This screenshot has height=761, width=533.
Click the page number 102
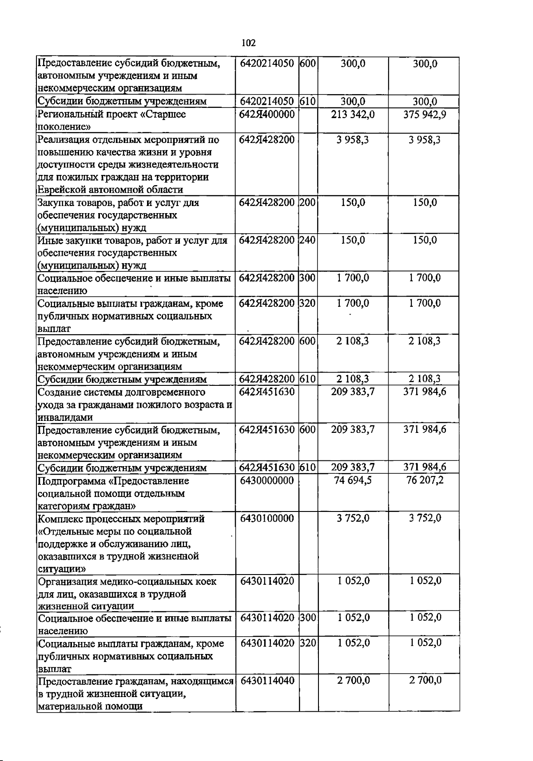click(248, 43)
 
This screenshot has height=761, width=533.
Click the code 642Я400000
click(266, 115)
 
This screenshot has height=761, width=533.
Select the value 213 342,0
click(353, 115)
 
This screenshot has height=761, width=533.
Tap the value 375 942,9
click(425, 115)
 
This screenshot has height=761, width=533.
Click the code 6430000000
click(266, 481)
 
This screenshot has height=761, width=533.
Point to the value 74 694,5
click(353, 481)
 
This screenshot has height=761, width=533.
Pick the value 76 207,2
click(425, 481)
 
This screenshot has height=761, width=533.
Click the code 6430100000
click(266, 519)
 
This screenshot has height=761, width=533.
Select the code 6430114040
click(266, 681)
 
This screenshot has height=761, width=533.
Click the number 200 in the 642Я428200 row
click(307, 203)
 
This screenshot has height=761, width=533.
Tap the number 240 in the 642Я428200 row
click(307, 241)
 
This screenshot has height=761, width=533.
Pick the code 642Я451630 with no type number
click(266, 392)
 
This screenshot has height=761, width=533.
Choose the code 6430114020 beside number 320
click(266, 643)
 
